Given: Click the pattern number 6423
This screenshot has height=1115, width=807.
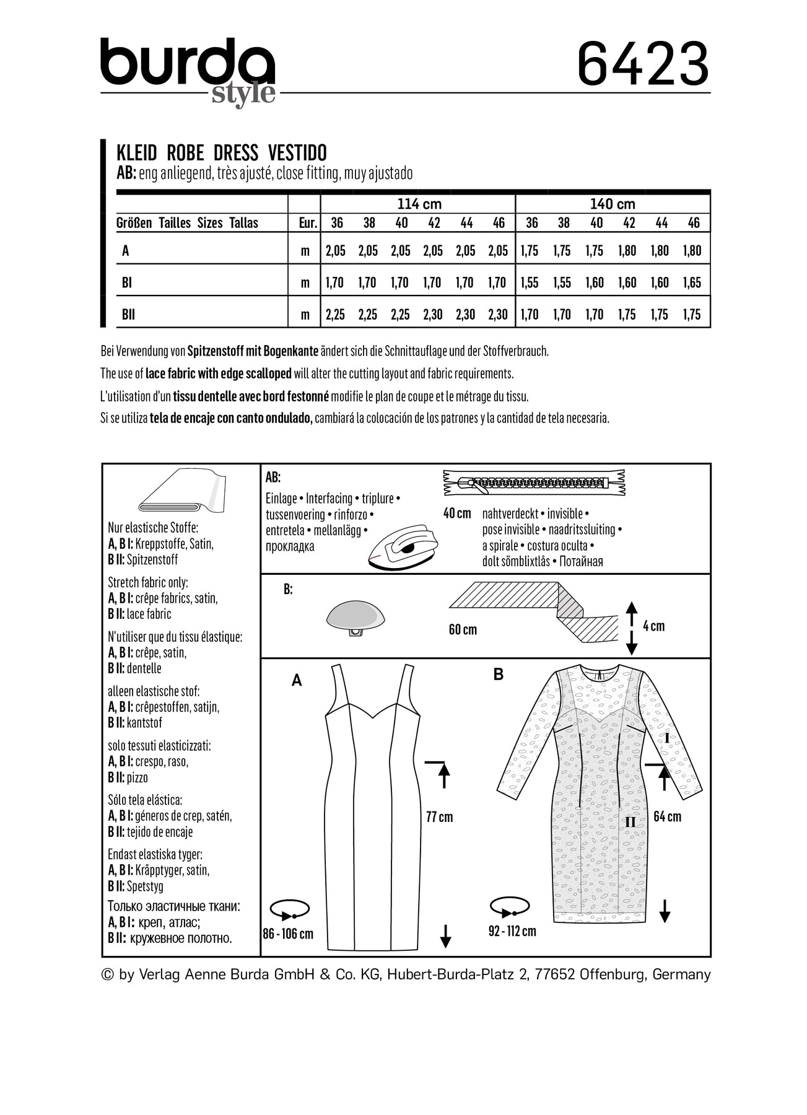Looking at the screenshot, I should click(642, 64).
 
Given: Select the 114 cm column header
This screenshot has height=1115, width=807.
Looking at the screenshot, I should click(419, 204).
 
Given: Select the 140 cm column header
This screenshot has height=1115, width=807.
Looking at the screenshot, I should click(612, 204).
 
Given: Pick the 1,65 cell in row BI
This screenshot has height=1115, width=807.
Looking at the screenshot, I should click(692, 282).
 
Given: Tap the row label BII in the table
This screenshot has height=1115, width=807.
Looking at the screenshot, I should click(128, 315).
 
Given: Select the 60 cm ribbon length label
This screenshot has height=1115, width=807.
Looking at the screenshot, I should click(463, 630).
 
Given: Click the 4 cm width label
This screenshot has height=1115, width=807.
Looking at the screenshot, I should click(653, 626).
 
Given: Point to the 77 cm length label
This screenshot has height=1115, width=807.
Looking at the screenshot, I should click(439, 817).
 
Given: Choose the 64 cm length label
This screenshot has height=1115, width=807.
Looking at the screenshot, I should click(668, 817).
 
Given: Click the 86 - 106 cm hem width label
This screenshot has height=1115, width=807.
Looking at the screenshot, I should click(288, 934).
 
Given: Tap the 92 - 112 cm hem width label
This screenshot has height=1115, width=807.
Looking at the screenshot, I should click(512, 931).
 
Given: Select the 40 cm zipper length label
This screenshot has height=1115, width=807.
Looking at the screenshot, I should click(457, 514).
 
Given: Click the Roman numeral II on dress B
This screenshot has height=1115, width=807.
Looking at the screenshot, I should click(630, 822).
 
